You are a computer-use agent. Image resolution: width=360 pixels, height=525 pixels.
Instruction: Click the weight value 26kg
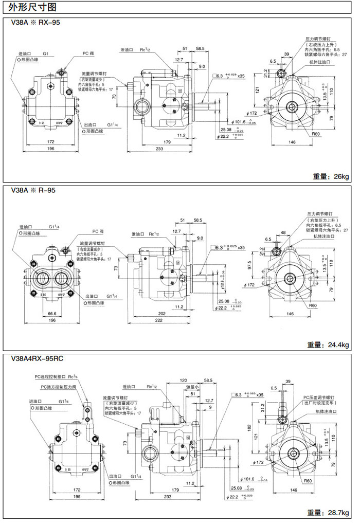click(x=341, y=176)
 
